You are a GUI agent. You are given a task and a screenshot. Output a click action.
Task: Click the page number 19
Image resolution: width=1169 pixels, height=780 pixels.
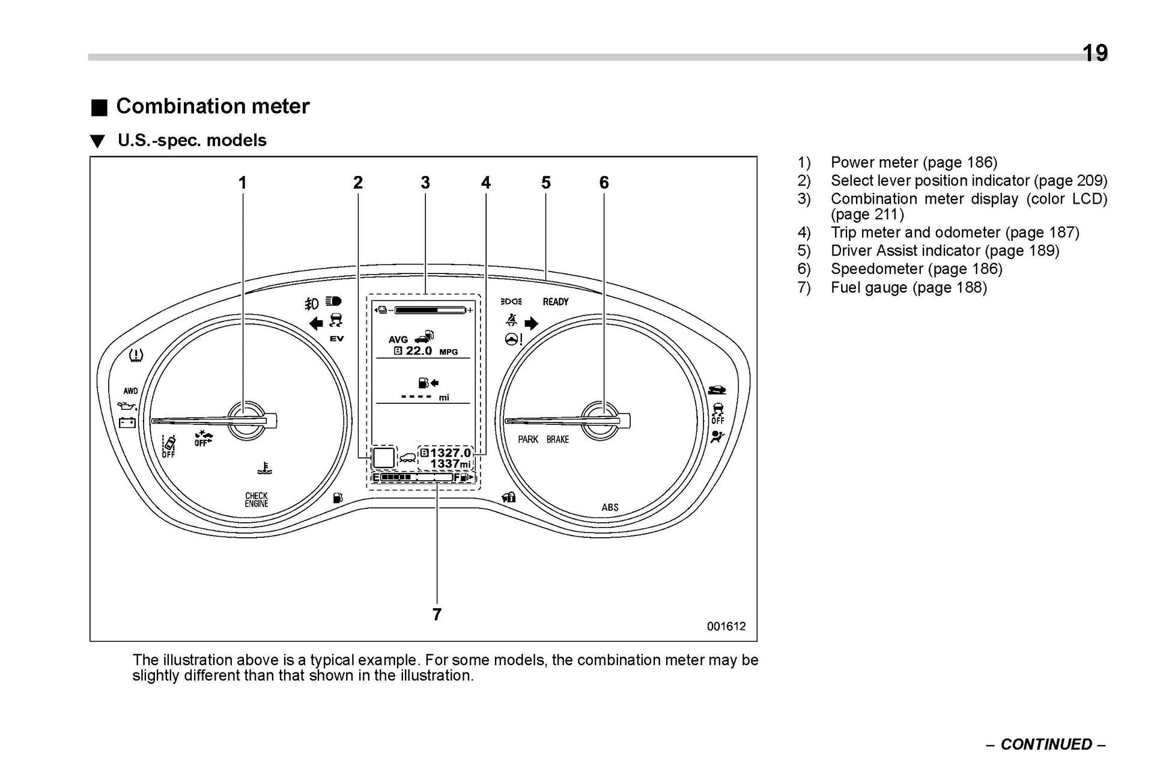[1095, 53]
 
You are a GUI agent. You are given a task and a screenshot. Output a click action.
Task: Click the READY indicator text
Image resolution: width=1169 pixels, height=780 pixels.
[555, 302]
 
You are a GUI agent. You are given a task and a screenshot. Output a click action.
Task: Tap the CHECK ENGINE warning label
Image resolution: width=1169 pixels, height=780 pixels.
[257, 500]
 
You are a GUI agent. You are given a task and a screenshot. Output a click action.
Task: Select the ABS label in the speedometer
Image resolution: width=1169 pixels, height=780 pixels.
[610, 507]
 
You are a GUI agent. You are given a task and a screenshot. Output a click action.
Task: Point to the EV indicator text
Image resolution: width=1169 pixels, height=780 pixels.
[336, 339]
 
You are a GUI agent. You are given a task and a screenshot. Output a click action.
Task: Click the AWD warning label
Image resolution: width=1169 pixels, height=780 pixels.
[130, 391]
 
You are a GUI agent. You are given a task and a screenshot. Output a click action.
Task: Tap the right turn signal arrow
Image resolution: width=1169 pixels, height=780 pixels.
[531, 324]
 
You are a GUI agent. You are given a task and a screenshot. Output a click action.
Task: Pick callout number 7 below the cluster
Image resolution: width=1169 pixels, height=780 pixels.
[437, 614]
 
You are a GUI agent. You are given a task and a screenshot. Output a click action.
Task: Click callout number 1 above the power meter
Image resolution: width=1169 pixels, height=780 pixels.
[243, 183]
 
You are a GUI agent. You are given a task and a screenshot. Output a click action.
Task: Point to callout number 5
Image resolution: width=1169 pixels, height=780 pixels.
[545, 183]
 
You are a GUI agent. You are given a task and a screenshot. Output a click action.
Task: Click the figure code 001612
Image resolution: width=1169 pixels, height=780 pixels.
[726, 626]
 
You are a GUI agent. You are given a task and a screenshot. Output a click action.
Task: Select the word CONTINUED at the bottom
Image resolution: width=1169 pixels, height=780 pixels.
[1046, 744]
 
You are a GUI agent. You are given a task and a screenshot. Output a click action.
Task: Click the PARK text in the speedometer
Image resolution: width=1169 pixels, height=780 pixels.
[528, 439]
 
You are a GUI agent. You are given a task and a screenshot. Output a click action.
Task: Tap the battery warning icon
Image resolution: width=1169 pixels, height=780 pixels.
[127, 423]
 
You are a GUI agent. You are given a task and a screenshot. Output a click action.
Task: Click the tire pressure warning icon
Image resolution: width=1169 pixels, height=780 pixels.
[136, 355]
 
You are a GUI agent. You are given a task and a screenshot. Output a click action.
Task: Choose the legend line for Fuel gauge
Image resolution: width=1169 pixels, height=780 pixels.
[908, 287]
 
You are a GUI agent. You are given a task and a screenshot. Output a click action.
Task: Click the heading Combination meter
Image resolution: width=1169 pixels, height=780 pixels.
[213, 106]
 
